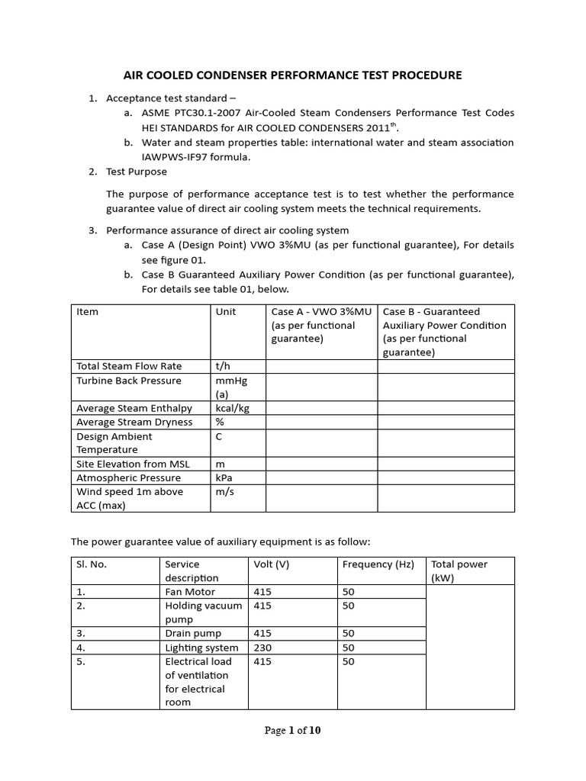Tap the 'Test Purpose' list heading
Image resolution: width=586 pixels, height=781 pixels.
click(136, 172)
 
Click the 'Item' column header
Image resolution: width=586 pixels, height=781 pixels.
click(88, 312)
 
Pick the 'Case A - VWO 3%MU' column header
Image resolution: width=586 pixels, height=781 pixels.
click(321, 312)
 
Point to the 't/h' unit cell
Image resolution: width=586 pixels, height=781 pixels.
click(224, 366)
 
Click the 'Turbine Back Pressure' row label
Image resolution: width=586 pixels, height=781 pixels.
click(129, 381)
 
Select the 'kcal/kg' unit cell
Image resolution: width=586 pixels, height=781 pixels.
click(233, 408)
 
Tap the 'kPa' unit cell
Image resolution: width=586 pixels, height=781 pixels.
click(226, 478)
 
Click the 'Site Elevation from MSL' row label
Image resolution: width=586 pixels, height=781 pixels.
click(133, 464)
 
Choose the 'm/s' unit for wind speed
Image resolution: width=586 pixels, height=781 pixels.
click(226, 492)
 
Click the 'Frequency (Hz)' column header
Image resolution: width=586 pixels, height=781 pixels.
click(378, 564)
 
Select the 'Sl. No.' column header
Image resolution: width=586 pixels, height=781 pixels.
click(92, 564)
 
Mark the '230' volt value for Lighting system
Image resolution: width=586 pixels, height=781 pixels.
click(262, 648)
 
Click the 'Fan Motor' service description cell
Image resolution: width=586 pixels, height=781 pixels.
click(190, 592)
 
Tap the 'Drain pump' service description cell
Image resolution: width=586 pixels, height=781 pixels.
click(193, 633)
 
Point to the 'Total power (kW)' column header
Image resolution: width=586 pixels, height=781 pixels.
click(459, 571)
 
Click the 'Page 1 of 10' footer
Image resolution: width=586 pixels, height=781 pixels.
click(293, 730)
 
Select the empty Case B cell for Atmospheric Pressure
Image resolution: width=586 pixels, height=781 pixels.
click(446, 478)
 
